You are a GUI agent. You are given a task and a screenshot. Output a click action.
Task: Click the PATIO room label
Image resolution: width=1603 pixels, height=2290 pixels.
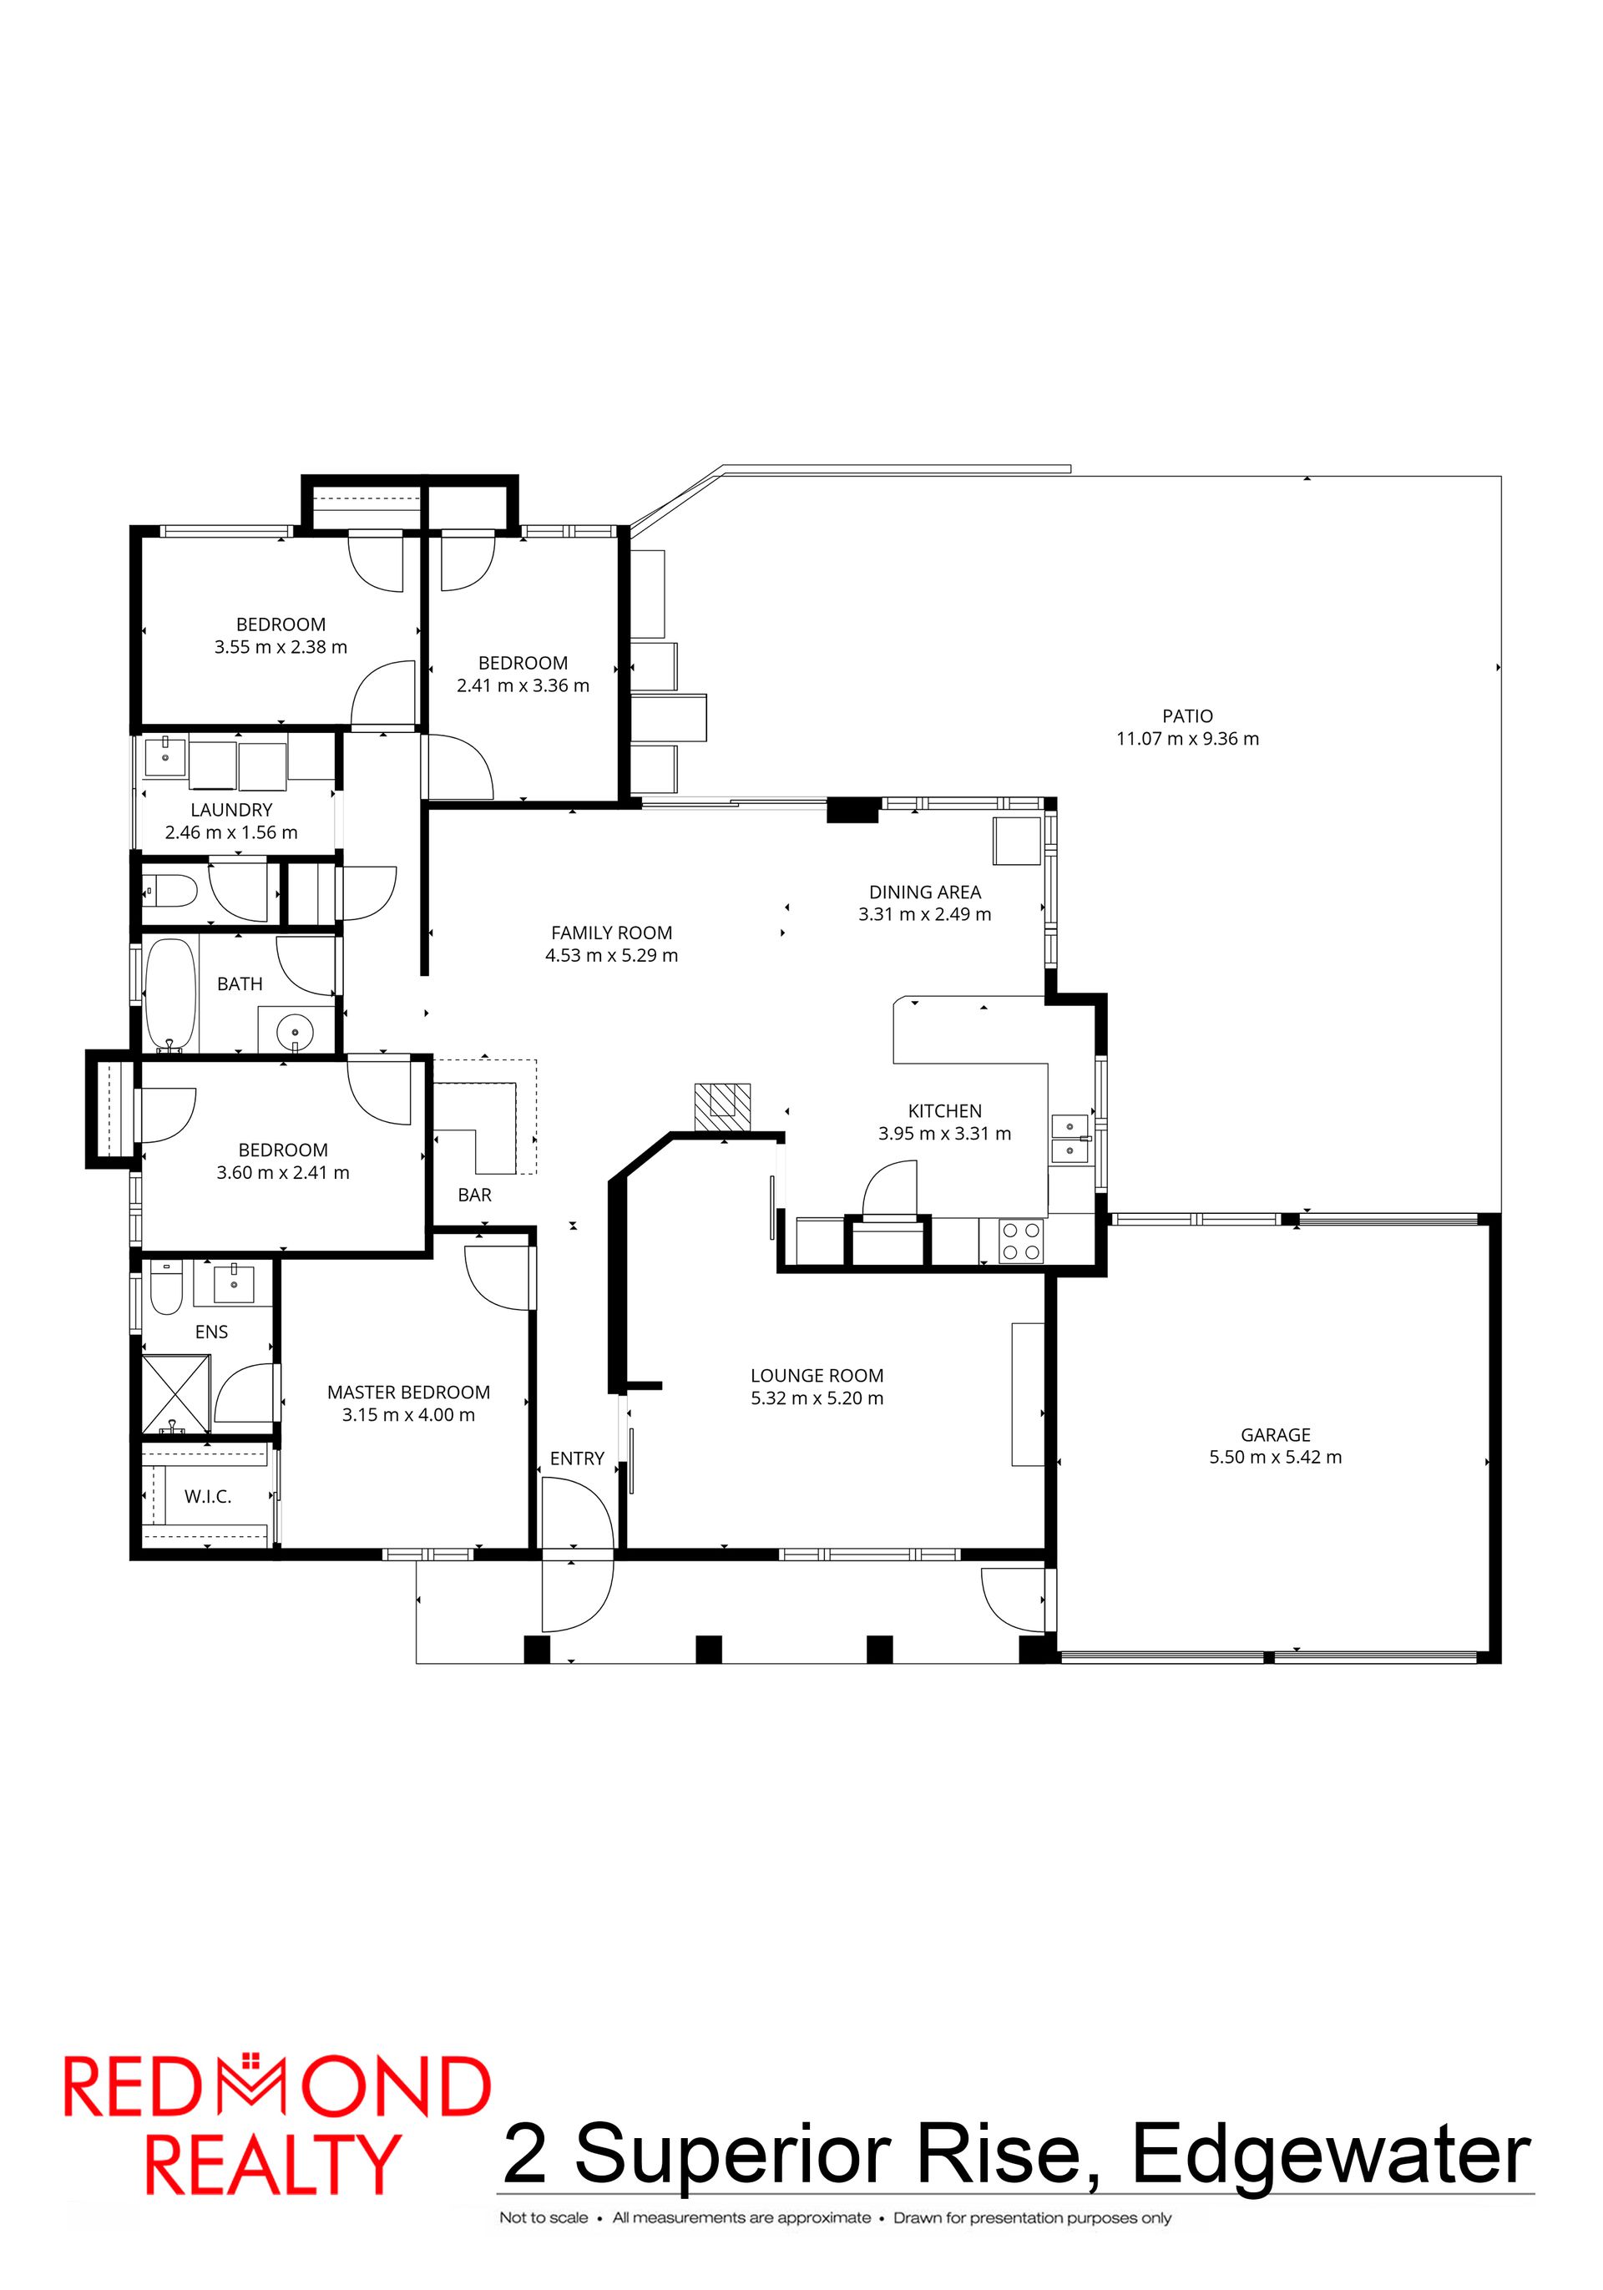pos(1187,715)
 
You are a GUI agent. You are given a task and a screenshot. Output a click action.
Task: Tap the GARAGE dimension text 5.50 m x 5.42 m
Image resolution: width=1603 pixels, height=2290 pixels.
pos(1275,1457)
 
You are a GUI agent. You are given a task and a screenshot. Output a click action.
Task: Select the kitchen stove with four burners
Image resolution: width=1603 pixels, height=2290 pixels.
pos(1020,1241)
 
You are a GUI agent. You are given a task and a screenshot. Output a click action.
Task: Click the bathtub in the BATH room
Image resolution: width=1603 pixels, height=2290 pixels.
pos(170,994)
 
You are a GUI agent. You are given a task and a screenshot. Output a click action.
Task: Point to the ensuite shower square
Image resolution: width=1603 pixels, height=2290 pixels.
pos(175,1394)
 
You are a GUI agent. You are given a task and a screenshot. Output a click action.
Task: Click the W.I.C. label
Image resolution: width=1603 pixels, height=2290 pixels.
pos(208,1496)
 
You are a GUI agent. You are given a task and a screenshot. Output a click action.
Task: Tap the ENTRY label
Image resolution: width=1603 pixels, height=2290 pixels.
pos(577,1458)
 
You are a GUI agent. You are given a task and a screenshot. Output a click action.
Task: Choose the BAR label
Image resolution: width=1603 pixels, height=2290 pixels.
pos(475,1195)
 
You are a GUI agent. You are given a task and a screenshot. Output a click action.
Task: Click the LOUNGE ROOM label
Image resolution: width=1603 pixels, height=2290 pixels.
pos(817,1375)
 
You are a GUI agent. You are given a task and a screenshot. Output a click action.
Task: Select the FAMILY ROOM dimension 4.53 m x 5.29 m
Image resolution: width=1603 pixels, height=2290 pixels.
pos(611,956)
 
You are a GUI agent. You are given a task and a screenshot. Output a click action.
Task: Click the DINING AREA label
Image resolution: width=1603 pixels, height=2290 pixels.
pos(925,892)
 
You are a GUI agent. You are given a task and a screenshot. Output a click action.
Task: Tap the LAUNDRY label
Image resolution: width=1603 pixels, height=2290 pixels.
pos(231,810)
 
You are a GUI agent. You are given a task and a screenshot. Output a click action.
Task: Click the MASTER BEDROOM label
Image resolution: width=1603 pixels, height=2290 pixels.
pos(409,1393)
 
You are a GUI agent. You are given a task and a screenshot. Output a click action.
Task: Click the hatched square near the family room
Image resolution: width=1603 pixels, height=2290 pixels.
pos(722,1106)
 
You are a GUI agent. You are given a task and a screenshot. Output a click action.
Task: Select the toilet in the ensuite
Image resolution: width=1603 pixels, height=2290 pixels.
pos(165,1289)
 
